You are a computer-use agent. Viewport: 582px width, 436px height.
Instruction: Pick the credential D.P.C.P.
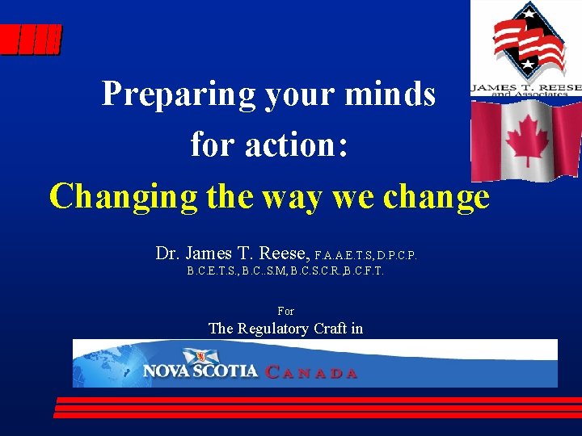[397, 256]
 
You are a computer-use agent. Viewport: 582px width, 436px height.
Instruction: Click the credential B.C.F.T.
[364, 272]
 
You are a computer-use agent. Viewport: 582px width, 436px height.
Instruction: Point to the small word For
[285, 311]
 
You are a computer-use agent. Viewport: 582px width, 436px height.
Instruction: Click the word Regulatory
[273, 329]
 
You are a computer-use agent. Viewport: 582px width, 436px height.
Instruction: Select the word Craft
[331, 328]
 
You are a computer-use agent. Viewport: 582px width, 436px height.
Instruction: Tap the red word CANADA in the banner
[312, 373]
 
